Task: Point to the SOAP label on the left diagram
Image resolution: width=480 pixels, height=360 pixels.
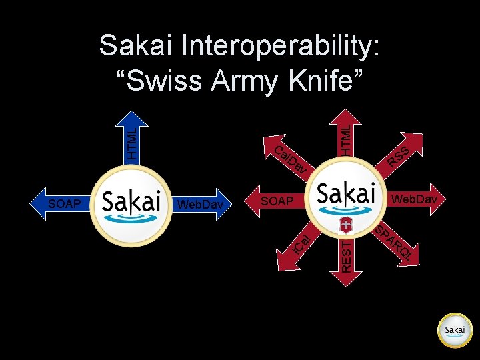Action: click(x=65, y=203)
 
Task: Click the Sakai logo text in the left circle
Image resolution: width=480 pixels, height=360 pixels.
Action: click(x=132, y=200)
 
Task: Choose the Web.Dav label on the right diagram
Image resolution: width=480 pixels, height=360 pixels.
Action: click(x=414, y=199)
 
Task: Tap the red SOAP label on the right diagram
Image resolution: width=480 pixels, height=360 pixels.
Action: click(x=276, y=201)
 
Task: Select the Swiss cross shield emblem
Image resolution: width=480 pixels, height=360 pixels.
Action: click(x=346, y=223)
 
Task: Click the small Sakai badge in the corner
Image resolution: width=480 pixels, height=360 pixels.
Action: click(x=455, y=330)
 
